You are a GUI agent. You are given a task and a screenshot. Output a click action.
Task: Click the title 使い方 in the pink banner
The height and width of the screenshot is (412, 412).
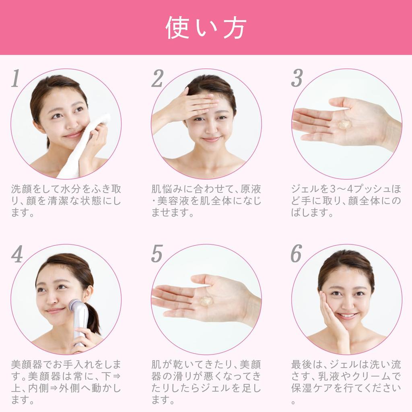tap(206, 27)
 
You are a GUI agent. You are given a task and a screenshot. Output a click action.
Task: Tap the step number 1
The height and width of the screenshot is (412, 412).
tap(15, 78)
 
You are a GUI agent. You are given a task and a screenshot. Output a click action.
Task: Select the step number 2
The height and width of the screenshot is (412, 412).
tap(157, 78)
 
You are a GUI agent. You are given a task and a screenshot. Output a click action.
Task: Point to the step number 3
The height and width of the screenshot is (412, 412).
tap(297, 78)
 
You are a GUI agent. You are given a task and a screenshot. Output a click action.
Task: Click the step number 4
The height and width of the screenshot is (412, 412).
tap(16, 254)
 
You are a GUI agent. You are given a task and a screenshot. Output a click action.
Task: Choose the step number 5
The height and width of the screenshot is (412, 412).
tap(157, 254)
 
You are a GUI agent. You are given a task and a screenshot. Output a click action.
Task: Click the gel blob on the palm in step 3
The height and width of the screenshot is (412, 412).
tap(344, 124)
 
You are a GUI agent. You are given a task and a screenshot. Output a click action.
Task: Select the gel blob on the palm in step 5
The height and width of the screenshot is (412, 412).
tap(206, 300)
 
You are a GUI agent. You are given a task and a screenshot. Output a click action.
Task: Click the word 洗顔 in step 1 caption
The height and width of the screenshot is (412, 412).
tap(20, 189)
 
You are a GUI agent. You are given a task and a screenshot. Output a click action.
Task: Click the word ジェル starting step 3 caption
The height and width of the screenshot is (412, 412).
tap(303, 189)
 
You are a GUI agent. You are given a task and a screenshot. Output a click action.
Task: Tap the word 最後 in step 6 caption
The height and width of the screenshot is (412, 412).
tap(301, 365)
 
